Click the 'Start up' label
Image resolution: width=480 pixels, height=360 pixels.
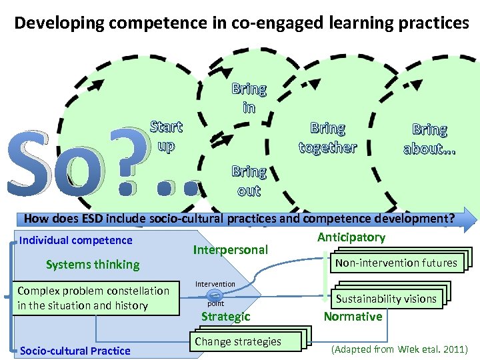tap(166, 136)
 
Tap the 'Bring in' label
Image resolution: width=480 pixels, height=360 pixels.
tap(249, 97)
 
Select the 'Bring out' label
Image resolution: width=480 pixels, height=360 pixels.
tap(249, 181)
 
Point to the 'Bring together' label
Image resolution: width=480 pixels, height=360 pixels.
tap(328, 137)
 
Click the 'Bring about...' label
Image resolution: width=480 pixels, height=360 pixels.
tap(429, 139)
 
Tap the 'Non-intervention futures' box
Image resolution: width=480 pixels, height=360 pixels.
tap(396, 263)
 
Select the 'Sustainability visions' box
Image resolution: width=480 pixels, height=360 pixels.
tap(386, 299)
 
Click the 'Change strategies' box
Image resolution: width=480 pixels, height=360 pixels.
tap(238, 341)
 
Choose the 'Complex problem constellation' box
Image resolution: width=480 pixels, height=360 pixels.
tap(94, 298)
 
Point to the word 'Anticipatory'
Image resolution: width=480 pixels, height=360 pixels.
tap(351, 237)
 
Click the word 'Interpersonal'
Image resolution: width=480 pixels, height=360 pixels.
tap(230, 250)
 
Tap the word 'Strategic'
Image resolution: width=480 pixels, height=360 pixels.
tap(226, 317)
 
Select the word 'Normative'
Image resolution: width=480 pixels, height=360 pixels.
tap(353, 317)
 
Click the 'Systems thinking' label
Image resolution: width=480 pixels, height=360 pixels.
tap(93, 265)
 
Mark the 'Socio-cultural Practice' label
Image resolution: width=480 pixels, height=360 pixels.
tap(75, 351)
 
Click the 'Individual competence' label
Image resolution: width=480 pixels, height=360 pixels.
tap(77, 240)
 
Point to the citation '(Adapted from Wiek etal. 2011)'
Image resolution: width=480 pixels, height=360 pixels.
tap(400, 349)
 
